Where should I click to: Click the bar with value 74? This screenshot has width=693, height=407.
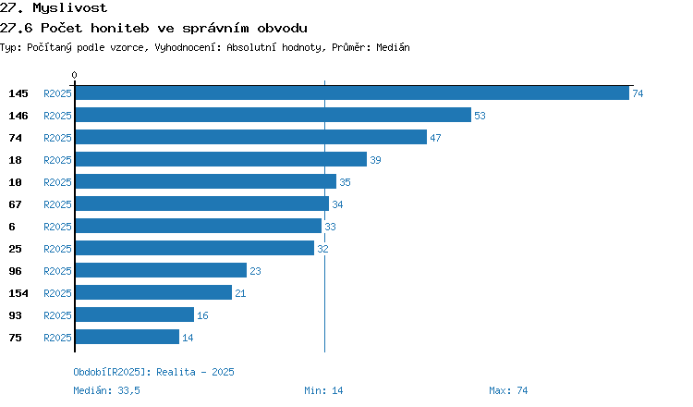coord(352,92)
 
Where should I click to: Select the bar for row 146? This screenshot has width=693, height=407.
coord(274,115)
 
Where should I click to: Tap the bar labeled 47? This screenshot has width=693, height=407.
coord(251,137)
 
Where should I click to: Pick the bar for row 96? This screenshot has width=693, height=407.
coord(161,270)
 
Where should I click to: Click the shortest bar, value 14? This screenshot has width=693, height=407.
coord(128,337)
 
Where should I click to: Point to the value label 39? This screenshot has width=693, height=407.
coord(375,160)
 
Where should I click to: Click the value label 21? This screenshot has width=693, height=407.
coord(240,293)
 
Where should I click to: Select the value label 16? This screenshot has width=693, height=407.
coord(202,315)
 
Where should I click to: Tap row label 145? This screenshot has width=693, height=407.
coord(18,93)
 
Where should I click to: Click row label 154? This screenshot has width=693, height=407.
coord(18,293)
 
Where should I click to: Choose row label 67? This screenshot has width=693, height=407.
coord(15,204)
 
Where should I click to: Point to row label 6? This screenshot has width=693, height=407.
coord(12,227)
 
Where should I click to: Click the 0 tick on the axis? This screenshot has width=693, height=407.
coord(74,75)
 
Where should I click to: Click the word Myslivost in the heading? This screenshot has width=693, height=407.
coord(70,8)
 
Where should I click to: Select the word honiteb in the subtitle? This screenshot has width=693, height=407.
coord(120,29)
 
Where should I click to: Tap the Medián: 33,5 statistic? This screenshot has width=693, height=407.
coord(106,390)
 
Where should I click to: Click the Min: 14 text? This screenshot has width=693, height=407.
coord(323,390)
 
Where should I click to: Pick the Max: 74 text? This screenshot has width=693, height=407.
coord(508,390)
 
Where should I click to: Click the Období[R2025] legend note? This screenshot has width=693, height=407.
coord(153,372)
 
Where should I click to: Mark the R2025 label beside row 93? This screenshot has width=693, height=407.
coord(57,315)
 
